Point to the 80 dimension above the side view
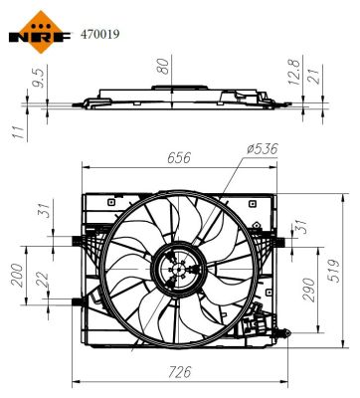161,69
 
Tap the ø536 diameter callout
263,150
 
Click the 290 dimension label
309,289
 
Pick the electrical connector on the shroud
261,322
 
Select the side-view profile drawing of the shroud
174,101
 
